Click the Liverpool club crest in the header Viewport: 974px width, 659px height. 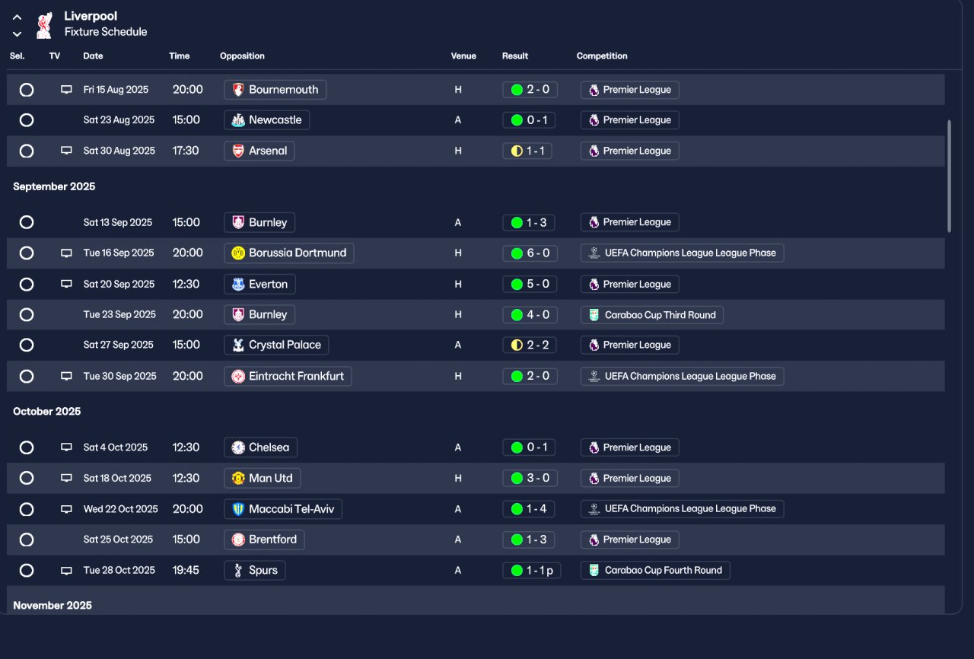pyautogui.click(x=44, y=24)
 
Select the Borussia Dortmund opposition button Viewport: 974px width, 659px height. pyautogui.click(x=289, y=253)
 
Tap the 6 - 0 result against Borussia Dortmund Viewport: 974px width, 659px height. pyautogui.click(x=530, y=253)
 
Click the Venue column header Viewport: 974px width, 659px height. pyautogui.click(x=463, y=56)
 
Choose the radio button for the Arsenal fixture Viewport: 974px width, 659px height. pyautogui.click(x=27, y=151)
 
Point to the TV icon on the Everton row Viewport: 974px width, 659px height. pyautogui.click(x=66, y=284)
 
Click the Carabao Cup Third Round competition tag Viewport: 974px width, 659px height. pyautogui.click(x=651, y=314)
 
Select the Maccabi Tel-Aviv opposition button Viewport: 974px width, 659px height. pyautogui.click(x=283, y=509)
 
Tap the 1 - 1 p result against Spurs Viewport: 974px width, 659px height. pyautogui.click(x=531, y=570)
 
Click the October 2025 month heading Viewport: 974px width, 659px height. pyautogui.click(x=47, y=412)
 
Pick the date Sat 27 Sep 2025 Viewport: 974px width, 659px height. pyautogui.click(x=118, y=345)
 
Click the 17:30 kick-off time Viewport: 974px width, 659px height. pyautogui.click(x=186, y=151)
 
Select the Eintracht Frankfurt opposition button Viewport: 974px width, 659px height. pyautogui.click(x=288, y=376)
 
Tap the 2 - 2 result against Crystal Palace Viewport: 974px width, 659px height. pyautogui.click(x=530, y=345)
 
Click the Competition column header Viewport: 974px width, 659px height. pyautogui.click(x=602, y=56)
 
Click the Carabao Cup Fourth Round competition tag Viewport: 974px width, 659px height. pyautogui.click(x=654, y=570)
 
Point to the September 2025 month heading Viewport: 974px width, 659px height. pyautogui.click(x=54, y=186)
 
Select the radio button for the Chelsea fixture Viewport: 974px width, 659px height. pyautogui.click(x=27, y=447)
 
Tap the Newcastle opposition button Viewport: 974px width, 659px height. pyautogui.click(x=266, y=119)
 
